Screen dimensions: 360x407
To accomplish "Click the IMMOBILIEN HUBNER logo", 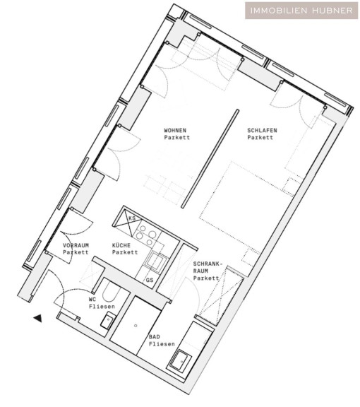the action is pyautogui.click(x=301, y=11).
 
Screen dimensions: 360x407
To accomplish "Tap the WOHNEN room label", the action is pyautogui.click(x=175, y=130).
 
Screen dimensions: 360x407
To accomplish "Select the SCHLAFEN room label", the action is pyautogui.click(x=262, y=130).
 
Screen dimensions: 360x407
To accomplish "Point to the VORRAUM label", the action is pyautogui.click(x=76, y=245).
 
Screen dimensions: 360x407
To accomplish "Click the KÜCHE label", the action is pyautogui.click(x=121, y=245).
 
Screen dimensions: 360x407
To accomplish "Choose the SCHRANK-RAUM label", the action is pyautogui.click(x=208, y=267).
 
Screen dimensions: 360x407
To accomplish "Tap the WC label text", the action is pyautogui.click(x=92, y=300).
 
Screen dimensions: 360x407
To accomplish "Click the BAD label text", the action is pyautogui.click(x=155, y=337).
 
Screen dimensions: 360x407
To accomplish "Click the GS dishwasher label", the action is pyautogui.click(x=150, y=280).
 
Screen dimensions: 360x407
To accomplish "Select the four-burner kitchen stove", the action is pyautogui.click(x=146, y=235).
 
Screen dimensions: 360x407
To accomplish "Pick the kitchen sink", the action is pyautogui.click(x=157, y=261).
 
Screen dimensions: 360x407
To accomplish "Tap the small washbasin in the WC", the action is pyautogui.click(x=109, y=321).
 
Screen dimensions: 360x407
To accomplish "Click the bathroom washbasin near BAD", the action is pyautogui.click(x=181, y=361).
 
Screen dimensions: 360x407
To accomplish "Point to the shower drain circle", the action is pyautogui.click(x=136, y=326).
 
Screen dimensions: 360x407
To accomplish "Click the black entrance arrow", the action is pyautogui.click(x=38, y=318).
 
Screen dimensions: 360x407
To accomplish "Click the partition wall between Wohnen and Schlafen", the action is pyautogui.click(x=210, y=158).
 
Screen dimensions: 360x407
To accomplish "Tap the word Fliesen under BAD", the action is pyautogui.click(x=162, y=344).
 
